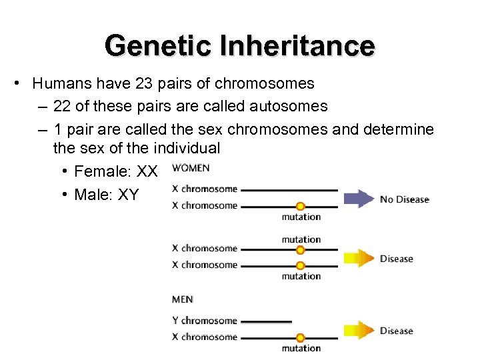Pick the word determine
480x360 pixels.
coord(399,129)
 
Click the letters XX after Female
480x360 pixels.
coord(147,172)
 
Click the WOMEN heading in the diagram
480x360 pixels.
coord(190,167)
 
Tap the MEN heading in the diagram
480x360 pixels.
coord(182,300)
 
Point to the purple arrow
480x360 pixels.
coord(359,199)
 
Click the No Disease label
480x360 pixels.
coord(404,199)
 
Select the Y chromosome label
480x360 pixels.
coord(204,321)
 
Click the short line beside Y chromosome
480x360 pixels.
coord(267,321)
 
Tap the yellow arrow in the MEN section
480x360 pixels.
coord(359,330)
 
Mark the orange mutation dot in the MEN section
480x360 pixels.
coord(301,337)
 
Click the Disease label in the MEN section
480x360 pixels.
coord(397,331)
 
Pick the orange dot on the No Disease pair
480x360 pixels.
coord(301,206)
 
